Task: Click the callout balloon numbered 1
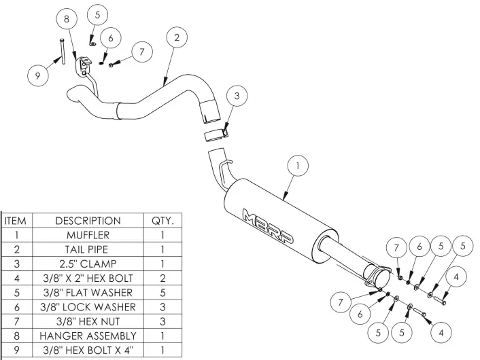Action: point(298,165)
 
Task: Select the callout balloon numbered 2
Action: point(176,38)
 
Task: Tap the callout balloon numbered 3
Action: point(235,96)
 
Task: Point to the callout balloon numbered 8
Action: point(66,20)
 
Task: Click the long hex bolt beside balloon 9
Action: point(63,53)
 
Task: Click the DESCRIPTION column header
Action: point(88,221)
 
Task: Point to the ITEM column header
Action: point(15,221)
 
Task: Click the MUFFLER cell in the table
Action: point(88,235)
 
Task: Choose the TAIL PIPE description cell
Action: point(88,249)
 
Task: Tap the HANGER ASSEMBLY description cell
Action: point(88,336)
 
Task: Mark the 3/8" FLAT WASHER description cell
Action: point(88,293)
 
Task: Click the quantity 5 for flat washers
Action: point(162,293)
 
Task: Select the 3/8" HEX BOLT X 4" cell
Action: point(88,350)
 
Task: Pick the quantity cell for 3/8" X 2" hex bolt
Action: point(162,278)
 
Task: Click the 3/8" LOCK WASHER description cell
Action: point(88,307)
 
